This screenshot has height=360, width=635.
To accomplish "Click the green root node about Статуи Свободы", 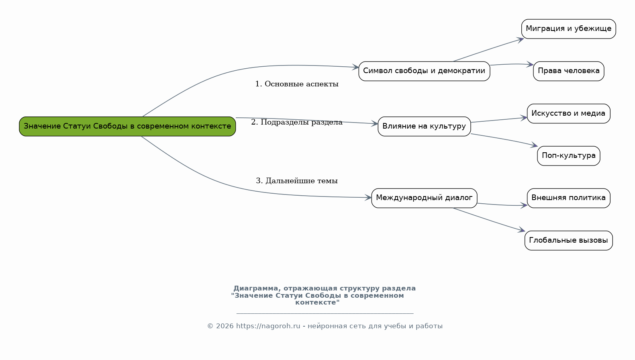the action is click(x=127, y=127).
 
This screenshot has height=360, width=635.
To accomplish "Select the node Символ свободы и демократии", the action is click(x=424, y=71).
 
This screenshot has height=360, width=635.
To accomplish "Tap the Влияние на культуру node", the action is click(x=424, y=127).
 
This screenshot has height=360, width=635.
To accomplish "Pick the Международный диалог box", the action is click(x=424, y=198).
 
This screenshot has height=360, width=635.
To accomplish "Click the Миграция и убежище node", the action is click(x=568, y=29).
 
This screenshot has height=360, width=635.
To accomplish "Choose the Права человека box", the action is click(x=568, y=71).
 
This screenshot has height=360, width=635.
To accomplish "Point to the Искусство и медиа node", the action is click(x=568, y=113).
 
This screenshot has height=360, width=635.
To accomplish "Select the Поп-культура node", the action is click(x=568, y=156).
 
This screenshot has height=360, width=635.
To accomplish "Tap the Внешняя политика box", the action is click(x=568, y=198).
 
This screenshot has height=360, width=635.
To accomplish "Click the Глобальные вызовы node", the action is click(x=568, y=241).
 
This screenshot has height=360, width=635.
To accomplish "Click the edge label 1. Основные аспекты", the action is click(x=297, y=84).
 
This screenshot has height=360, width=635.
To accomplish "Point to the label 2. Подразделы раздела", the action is click(x=297, y=122).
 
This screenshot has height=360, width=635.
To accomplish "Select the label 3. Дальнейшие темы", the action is click(x=297, y=181).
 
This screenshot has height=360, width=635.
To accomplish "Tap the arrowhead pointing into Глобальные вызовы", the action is click(x=522, y=230).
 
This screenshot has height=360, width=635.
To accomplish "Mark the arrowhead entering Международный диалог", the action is click(x=368, y=197).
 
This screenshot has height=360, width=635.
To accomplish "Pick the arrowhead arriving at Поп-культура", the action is click(x=534, y=145).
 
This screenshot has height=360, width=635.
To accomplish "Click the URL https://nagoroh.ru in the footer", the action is click(x=268, y=326).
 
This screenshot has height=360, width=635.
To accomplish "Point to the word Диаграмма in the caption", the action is click(x=256, y=288).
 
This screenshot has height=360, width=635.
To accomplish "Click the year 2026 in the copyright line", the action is click(x=225, y=326).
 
